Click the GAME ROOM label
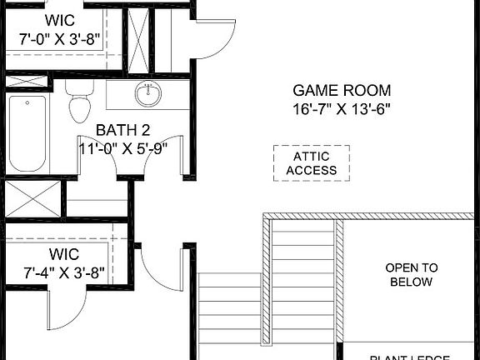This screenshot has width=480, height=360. [x=342, y=90]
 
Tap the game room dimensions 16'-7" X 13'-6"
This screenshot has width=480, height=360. [x=342, y=108]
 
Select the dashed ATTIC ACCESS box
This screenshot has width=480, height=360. [x=312, y=163]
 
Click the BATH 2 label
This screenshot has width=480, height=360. [x=122, y=130]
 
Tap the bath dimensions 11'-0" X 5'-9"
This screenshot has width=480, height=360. [x=123, y=148]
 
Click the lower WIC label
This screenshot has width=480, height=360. [x=62, y=252]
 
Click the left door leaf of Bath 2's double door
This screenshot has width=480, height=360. [x=92, y=154]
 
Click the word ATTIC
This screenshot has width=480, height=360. [x=312, y=156]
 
